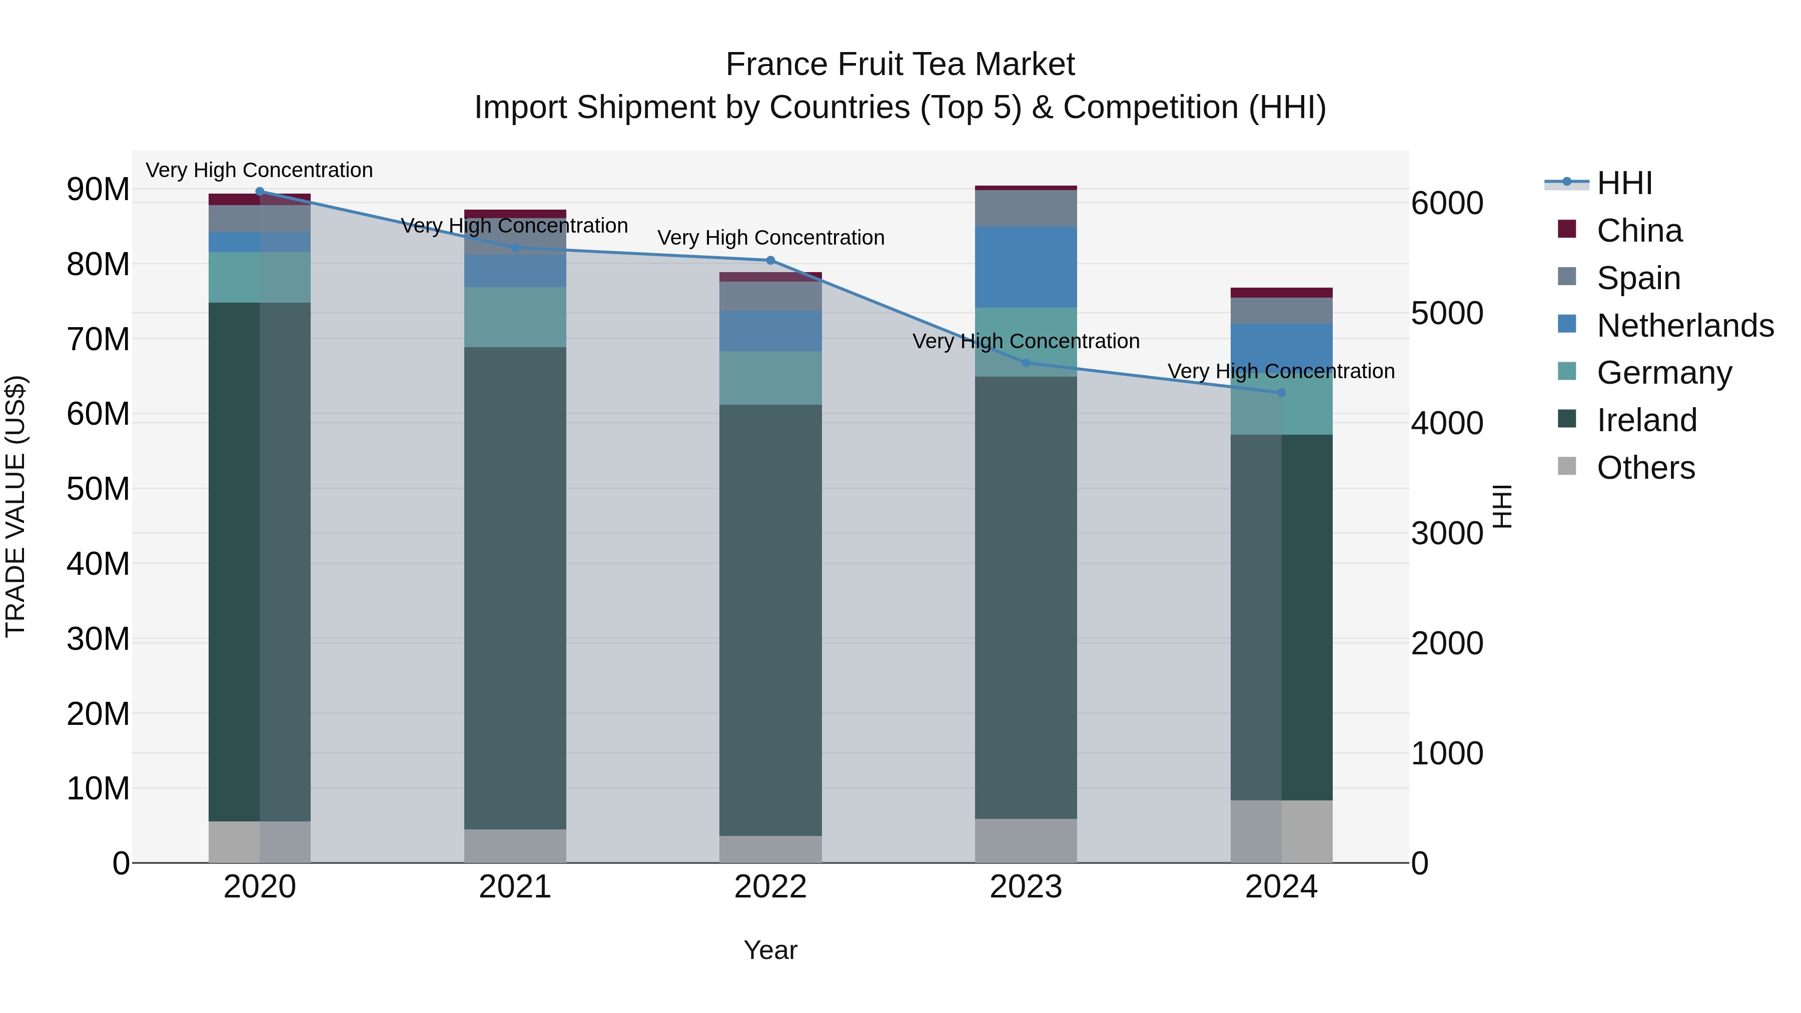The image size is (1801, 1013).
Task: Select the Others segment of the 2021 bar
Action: tap(515, 846)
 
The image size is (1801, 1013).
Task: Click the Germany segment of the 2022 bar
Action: tap(770, 378)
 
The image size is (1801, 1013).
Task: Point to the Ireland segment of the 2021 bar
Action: tap(515, 587)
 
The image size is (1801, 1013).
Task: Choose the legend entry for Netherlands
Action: tap(1685, 326)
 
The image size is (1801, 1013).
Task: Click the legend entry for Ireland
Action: tap(1646, 420)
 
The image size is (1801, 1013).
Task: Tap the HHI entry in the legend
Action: tap(1624, 183)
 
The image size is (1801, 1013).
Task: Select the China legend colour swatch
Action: tap(1567, 229)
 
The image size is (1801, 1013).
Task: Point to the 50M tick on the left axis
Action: tap(98, 489)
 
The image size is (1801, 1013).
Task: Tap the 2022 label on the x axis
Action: tap(770, 887)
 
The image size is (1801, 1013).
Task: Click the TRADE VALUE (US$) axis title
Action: tap(16, 506)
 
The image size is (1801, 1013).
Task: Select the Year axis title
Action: tap(770, 950)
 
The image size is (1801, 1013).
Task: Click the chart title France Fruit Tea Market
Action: tap(900, 65)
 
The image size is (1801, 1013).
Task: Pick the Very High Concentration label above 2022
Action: tap(770, 238)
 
